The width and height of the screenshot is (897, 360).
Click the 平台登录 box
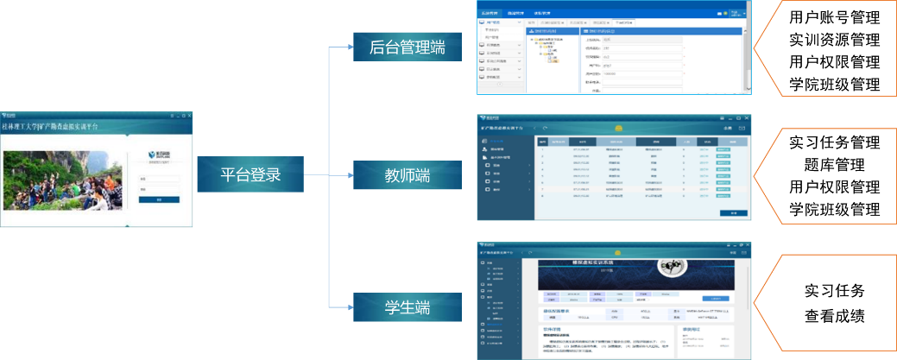[250, 175]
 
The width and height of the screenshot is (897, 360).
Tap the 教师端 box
[407, 175]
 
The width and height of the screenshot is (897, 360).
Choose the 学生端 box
[407, 307]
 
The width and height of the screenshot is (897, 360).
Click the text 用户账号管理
[834, 16]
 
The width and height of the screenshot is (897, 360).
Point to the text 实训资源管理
[834, 40]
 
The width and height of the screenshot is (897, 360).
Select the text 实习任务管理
[834, 142]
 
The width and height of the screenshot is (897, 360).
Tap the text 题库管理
[834, 164]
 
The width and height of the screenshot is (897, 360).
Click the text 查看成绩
[834, 315]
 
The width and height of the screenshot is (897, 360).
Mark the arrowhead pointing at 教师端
[348, 175]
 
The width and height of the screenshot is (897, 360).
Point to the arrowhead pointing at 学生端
[348, 307]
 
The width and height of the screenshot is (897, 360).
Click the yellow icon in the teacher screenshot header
[618, 128]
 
